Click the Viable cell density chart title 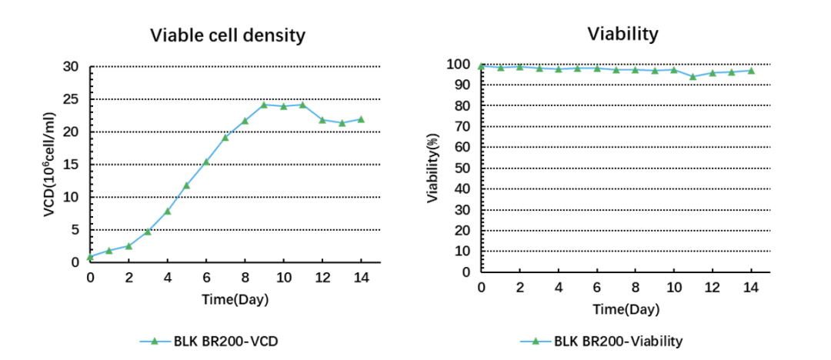pos(228,35)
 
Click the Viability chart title pos(622,34)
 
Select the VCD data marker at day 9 pos(264,105)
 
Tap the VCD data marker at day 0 pos(90,256)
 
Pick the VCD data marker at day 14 pos(361,119)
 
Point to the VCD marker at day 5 pos(186,185)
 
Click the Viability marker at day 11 pos(693,76)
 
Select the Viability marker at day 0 pos(481,65)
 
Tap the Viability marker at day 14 pos(751,71)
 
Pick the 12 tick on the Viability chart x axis pos(713,287)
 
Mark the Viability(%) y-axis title pos(432,167)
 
